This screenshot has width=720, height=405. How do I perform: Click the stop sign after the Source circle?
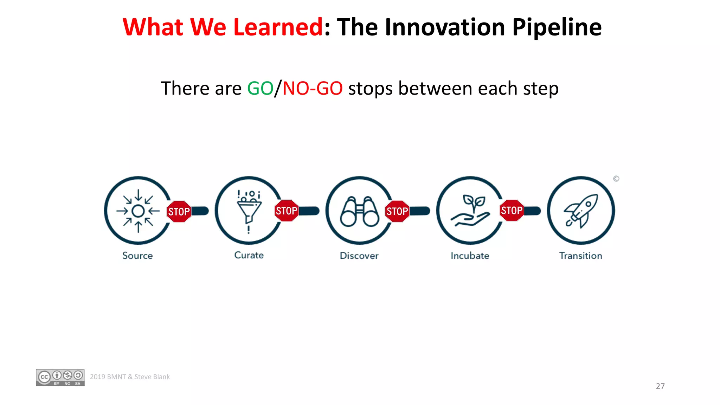pyautogui.click(x=179, y=211)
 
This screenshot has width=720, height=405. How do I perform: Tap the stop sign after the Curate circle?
pyautogui.click(x=287, y=211)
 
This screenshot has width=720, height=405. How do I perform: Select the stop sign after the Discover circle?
pyautogui.click(x=397, y=211)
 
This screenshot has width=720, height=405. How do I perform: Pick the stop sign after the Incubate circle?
pyautogui.click(x=512, y=210)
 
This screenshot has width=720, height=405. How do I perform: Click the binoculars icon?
pyautogui.click(x=359, y=211)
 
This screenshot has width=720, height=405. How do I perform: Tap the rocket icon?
pyautogui.click(x=581, y=211)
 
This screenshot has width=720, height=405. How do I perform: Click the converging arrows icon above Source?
pyautogui.click(x=138, y=211)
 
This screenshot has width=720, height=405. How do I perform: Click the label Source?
pyautogui.click(x=137, y=256)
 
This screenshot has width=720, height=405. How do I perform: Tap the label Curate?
pyautogui.click(x=249, y=255)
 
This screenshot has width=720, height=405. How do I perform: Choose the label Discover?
pyautogui.click(x=359, y=256)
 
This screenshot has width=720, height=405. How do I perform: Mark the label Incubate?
pyautogui.click(x=470, y=256)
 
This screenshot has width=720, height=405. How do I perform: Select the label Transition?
pyautogui.click(x=580, y=256)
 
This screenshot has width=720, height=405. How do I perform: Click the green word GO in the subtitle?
pyautogui.click(x=260, y=88)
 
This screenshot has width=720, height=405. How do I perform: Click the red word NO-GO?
pyautogui.click(x=313, y=88)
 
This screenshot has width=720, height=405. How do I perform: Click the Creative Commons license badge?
pyautogui.click(x=60, y=377)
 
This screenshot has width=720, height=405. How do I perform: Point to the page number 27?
pyautogui.click(x=660, y=386)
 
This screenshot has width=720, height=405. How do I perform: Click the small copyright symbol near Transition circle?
pyautogui.click(x=616, y=179)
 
